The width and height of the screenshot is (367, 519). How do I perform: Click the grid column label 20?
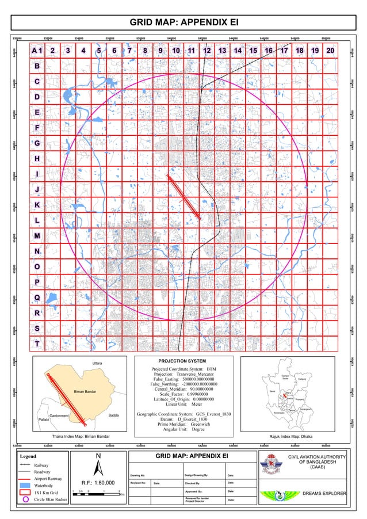(330, 51)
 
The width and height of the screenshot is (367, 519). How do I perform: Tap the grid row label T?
(37, 344)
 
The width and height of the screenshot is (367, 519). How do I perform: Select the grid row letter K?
(37, 205)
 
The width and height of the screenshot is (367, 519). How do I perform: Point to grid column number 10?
(175, 51)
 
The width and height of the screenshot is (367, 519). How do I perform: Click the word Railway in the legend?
(41, 464)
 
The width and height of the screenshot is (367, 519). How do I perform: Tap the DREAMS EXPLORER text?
(324, 494)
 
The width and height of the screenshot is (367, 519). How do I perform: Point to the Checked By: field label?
(193, 483)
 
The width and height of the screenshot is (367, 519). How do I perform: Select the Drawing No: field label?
(138, 475)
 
